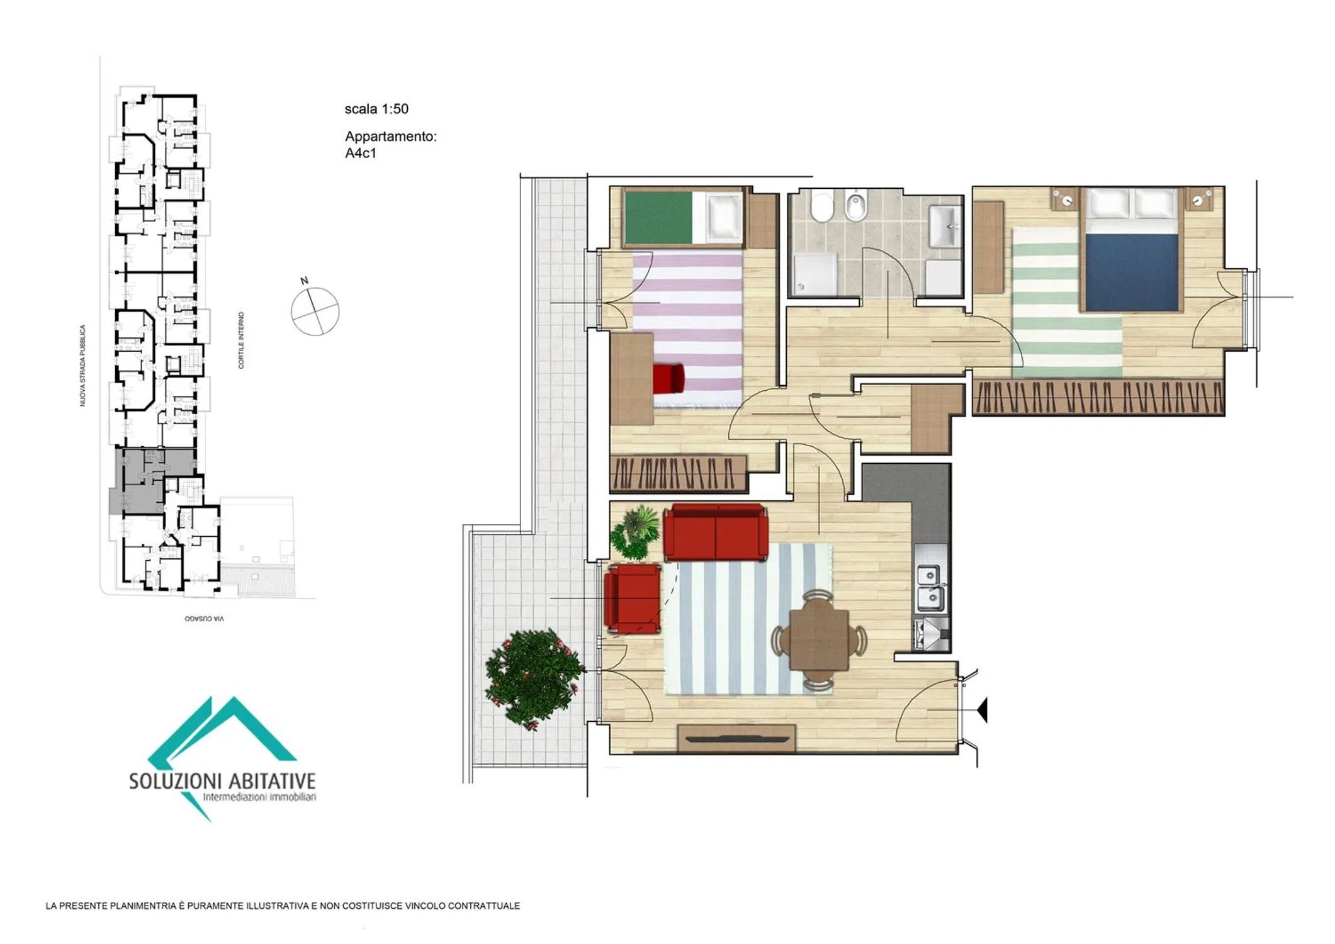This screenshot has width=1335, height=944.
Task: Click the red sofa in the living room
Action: [x=716, y=532]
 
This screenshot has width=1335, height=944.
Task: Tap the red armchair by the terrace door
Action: [x=633, y=598]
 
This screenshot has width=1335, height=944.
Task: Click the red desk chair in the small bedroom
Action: [x=668, y=378]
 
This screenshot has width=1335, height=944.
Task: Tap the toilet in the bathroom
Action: [x=821, y=207]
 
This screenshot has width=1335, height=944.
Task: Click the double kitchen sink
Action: [x=930, y=588]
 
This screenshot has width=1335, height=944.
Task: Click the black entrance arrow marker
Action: [x=983, y=710]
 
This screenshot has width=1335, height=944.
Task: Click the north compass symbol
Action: [x=314, y=309]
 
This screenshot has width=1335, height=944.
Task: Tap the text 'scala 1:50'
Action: [x=376, y=109]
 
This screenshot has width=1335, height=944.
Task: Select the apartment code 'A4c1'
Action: [x=361, y=153]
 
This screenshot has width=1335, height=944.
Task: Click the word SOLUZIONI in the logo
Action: [x=176, y=782]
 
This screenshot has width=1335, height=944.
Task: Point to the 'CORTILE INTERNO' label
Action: [x=241, y=340]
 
